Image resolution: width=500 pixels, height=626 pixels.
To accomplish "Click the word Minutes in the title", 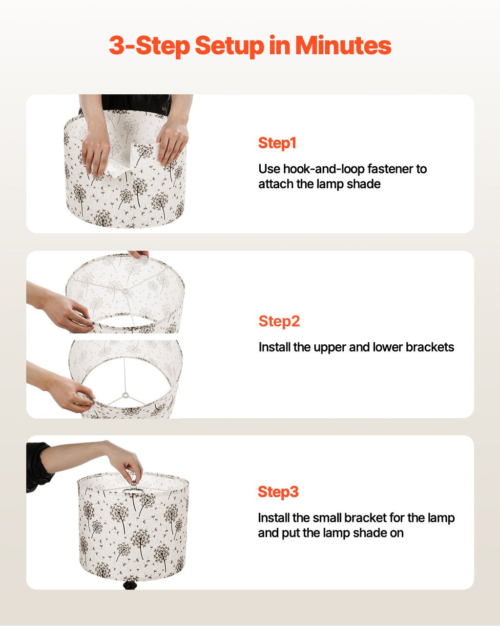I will click(343, 46).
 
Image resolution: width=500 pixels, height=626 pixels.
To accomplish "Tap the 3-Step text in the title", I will click(149, 46).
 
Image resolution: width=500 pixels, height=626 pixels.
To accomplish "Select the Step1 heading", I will click(277, 143).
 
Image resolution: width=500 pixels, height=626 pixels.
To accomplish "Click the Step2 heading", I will click(279, 321).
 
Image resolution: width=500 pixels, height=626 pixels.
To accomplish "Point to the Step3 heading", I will click(278, 492).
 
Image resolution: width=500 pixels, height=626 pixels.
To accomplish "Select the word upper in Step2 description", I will click(330, 347).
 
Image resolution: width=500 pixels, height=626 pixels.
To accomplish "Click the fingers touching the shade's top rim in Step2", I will click(139, 254).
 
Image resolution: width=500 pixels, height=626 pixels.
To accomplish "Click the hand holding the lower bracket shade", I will click(73, 394).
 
